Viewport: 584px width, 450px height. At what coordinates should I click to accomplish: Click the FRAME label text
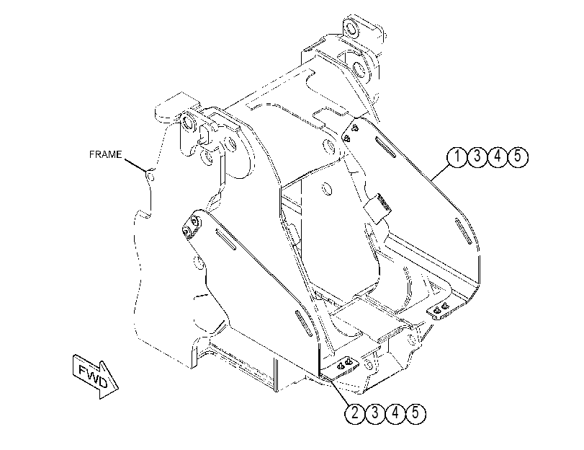[105, 154]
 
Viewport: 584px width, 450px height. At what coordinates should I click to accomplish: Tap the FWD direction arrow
[95, 376]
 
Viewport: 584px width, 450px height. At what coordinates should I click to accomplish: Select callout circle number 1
[457, 156]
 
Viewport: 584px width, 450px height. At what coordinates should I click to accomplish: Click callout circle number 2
[355, 413]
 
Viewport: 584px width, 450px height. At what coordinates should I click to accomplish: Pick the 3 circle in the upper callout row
[477, 156]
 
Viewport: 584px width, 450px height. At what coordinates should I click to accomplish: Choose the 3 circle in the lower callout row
[375, 413]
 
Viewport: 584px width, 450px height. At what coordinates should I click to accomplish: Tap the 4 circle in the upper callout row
[498, 156]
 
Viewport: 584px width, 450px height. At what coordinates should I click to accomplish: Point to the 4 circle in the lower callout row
[395, 413]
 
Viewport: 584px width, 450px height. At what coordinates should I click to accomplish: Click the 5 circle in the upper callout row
[518, 156]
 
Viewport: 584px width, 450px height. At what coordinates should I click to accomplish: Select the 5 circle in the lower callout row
[415, 413]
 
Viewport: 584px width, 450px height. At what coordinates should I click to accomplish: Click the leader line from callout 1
[439, 172]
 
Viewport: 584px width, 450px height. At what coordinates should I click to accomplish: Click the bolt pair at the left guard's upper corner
[191, 226]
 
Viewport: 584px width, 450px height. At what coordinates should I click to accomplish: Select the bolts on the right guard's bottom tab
[439, 309]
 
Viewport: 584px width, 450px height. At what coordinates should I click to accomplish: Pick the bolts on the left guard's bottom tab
[344, 363]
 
